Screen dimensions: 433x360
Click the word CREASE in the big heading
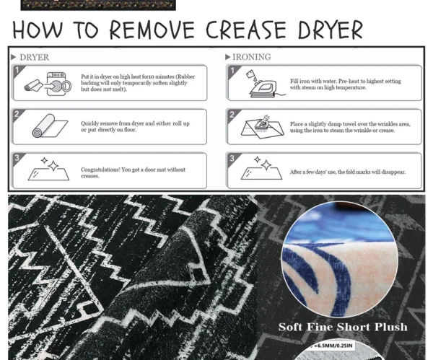(x=246, y=30)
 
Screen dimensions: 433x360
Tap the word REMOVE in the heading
(x=152, y=30)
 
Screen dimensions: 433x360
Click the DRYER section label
(x=34, y=58)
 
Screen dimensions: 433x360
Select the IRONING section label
(x=252, y=57)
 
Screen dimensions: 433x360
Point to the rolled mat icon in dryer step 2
(x=50, y=126)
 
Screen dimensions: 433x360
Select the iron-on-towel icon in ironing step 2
(x=263, y=127)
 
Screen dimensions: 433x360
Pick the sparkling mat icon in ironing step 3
(x=261, y=168)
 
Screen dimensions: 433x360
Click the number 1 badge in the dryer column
(x=17, y=70)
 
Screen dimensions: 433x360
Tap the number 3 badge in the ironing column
(x=232, y=158)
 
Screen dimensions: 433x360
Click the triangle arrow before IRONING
(x=227, y=57)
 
